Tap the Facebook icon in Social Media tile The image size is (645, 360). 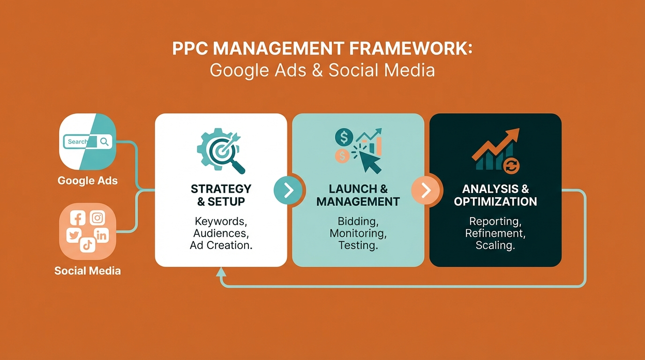[77, 218]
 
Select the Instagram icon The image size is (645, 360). [97, 218]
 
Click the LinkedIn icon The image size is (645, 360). [101, 235]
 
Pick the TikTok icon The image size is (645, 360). [88, 245]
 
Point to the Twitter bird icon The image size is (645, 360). [74, 235]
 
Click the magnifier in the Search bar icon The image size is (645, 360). [105, 142]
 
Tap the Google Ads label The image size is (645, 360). [88, 180]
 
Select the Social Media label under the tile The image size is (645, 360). [88, 270]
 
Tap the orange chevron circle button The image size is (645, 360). [426, 190]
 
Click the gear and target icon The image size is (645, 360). [219, 150]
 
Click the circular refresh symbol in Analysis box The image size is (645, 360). [510, 165]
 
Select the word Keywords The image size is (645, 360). [220, 221]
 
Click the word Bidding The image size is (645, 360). [358, 221]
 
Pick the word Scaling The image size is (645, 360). [495, 245]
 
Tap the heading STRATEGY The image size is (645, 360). [221, 189]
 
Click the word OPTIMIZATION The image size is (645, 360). [495, 202]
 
